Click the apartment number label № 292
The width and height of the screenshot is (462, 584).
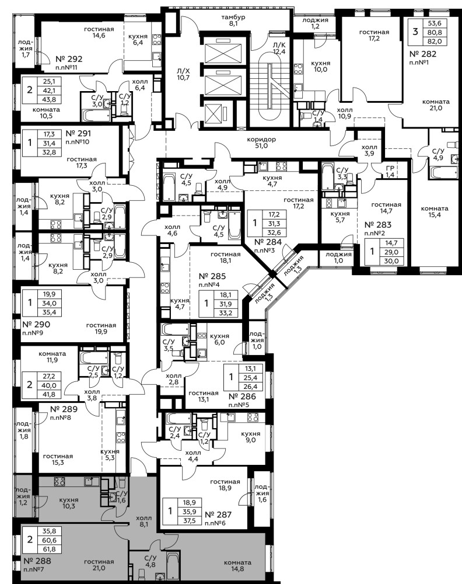tap(69, 59)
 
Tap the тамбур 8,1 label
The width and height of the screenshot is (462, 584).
tap(233, 20)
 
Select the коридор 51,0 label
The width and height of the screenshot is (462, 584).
tap(261, 142)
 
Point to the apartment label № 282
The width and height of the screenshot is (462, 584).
tap(423, 54)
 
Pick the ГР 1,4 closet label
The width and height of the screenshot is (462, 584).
tap(390, 172)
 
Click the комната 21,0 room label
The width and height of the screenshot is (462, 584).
tap(436, 105)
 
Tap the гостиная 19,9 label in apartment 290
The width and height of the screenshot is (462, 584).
tap(101, 328)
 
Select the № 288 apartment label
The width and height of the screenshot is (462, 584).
tap(37, 561)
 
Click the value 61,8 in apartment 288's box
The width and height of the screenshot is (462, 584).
tap(49, 548)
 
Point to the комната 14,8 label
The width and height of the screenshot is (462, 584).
tap(237, 565)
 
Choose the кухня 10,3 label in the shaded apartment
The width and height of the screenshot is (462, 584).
tap(69, 503)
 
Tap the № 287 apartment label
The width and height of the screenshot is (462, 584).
tap(218, 515)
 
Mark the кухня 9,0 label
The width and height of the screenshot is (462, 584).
tap(250, 437)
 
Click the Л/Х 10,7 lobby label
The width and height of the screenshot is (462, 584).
tap(183, 75)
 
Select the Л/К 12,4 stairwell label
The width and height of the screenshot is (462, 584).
tap(279, 48)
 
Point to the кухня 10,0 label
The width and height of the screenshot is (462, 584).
tap(321, 67)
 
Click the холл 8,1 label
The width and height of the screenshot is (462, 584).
tap(143, 521)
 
